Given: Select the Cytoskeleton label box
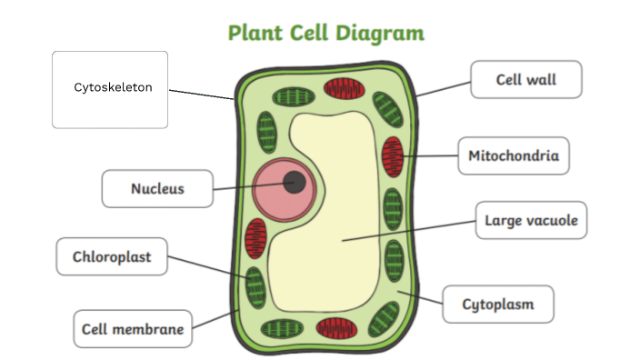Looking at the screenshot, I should coord(110,89).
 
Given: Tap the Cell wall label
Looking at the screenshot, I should coord(525,80).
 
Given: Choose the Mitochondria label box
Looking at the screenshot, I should coord(513,156).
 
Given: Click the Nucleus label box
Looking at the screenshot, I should coord(157,189).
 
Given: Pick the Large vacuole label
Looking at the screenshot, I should coord(531,220).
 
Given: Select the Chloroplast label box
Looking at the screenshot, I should coord(113,257).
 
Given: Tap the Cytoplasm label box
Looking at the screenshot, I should coord(497,304).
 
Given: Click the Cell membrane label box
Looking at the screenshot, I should coord(133,329).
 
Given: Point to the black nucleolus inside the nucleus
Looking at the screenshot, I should coord(295,183).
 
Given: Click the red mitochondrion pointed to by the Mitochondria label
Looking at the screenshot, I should coord(393,156).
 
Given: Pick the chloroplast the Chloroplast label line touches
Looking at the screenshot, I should coord(254,285).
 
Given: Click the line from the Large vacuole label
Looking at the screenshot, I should coord(409,231).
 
